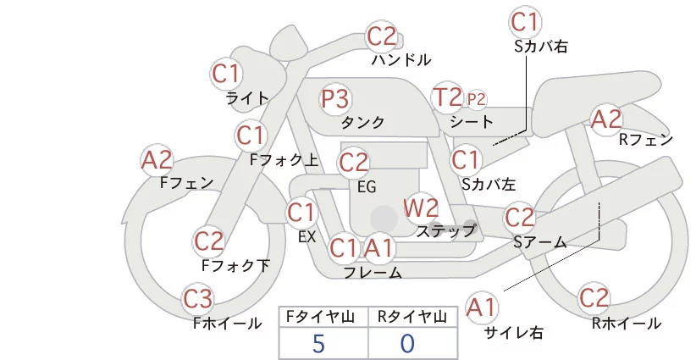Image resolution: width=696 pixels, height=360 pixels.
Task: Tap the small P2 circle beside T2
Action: coord(477,99)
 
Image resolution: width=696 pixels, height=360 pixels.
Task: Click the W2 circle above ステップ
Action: coord(421,208)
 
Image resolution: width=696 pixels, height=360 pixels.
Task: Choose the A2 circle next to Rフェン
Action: coord(606,119)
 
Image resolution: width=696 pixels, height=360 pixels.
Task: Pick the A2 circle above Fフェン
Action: coord(157,159)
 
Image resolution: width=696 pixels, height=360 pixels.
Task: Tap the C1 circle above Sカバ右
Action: coord(525,21)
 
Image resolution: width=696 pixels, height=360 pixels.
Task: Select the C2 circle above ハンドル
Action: coord(382,37)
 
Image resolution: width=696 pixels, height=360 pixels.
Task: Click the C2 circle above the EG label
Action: coord(353,162)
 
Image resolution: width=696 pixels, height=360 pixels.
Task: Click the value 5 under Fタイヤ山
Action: coord(318,343)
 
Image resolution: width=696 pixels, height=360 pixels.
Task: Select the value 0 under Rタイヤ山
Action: coord(408,343)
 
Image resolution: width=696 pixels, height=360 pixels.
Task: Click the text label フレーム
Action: coord(373,273)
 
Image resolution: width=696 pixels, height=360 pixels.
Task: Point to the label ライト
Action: coord(247,98)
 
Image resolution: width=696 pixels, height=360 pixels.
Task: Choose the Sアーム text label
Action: coord(539,242)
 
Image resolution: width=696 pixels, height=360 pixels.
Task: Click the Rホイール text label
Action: coord(626,324)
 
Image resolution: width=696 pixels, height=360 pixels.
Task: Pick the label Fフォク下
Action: coord(235,265)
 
